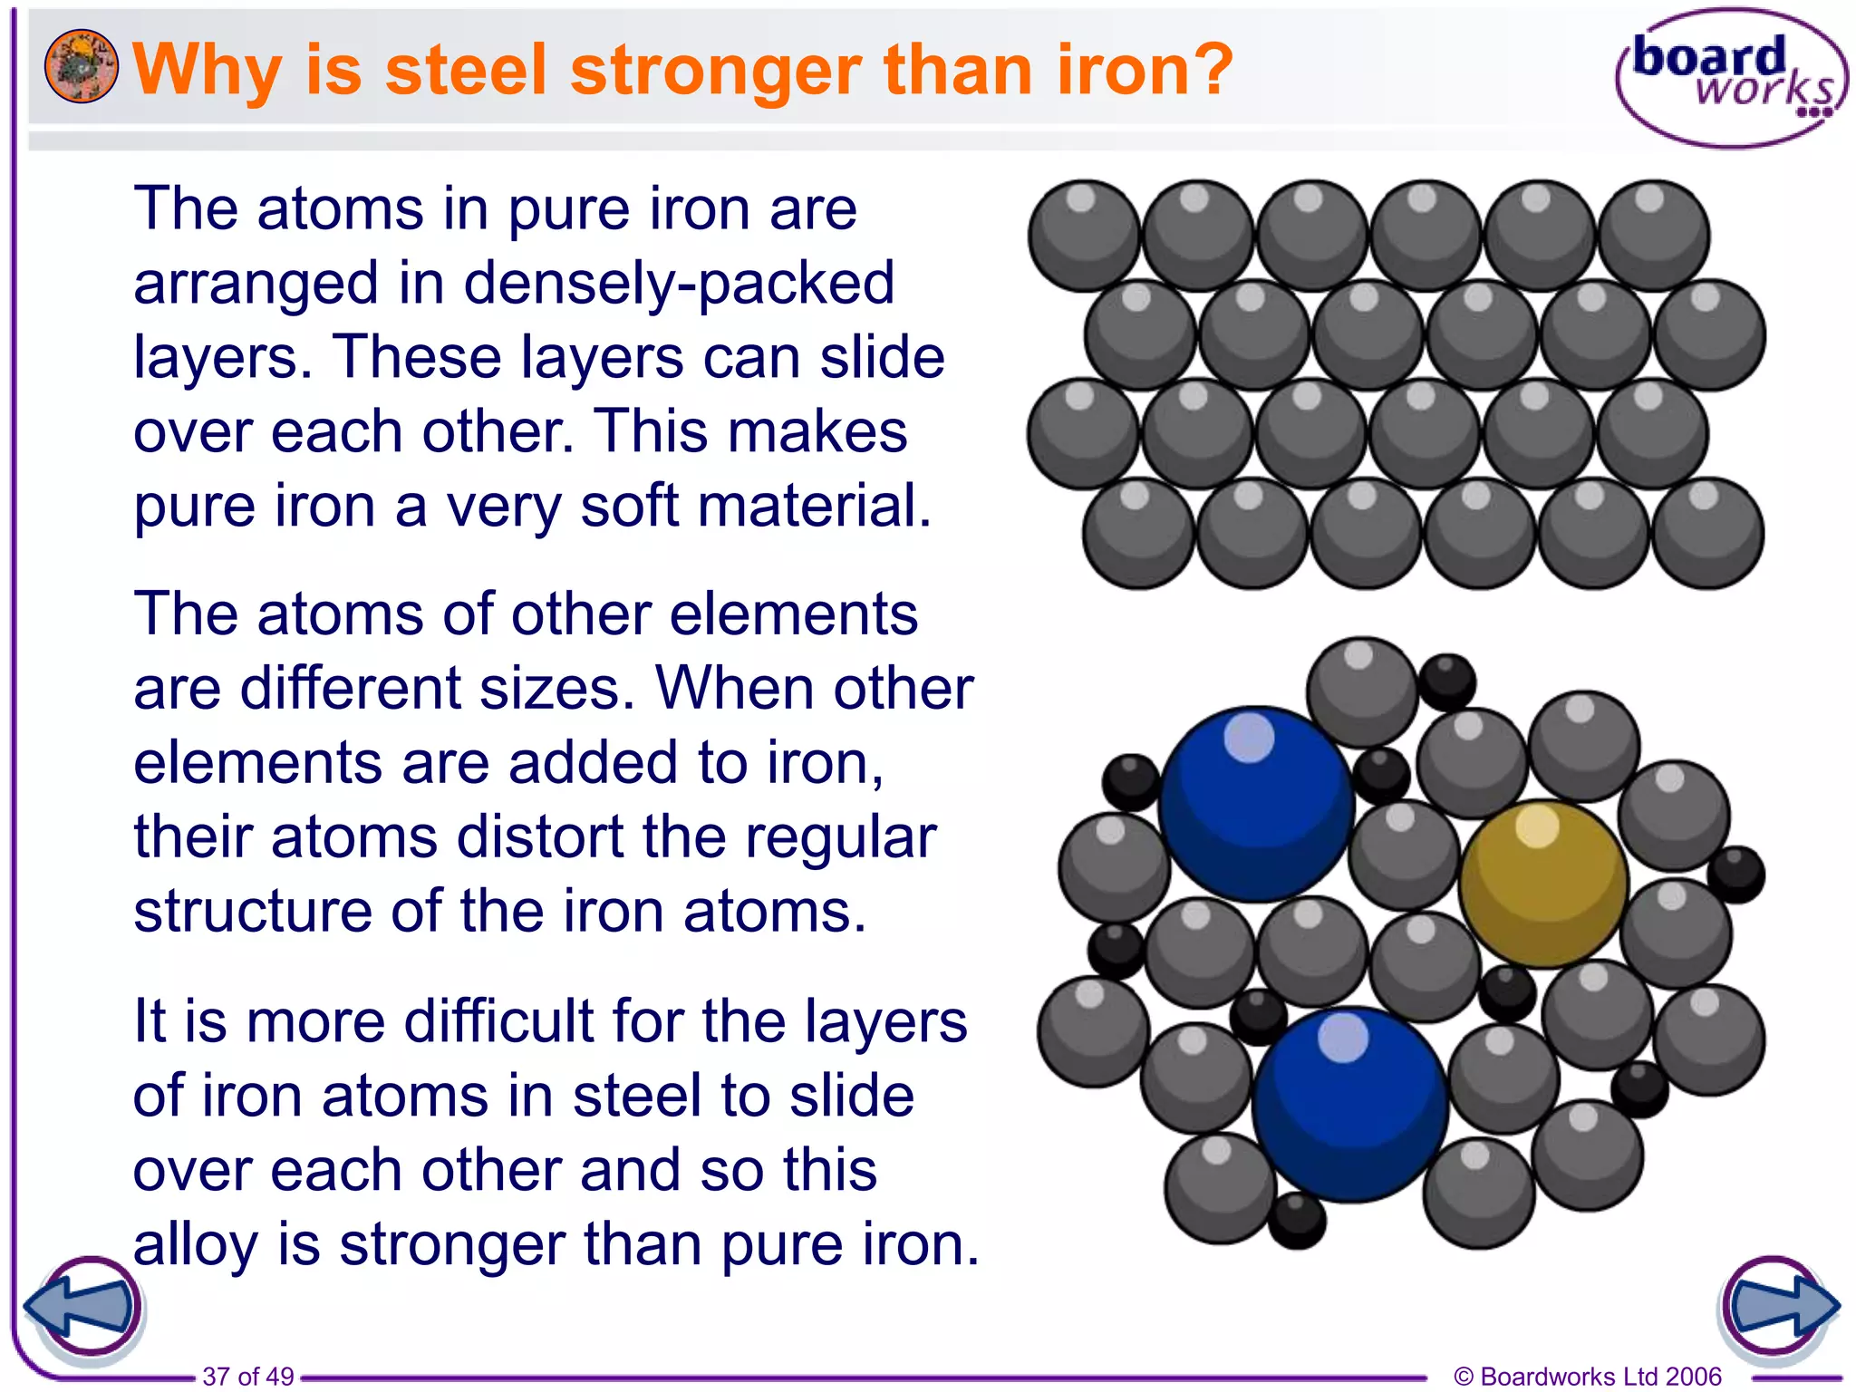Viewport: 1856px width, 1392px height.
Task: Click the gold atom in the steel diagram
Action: (x=1543, y=884)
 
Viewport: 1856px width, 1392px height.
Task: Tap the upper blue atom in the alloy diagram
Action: (x=1256, y=804)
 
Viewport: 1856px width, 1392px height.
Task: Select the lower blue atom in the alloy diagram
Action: (x=1349, y=1105)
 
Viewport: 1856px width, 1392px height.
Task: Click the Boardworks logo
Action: (x=1730, y=78)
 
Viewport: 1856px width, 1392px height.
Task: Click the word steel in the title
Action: (x=466, y=70)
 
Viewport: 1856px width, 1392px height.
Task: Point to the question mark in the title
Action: (x=1209, y=70)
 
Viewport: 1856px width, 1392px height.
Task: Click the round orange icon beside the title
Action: (x=81, y=65)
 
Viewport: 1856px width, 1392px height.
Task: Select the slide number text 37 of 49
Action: (x=248, y=1376)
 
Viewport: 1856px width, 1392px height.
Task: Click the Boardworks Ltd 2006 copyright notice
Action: (x=1588, y=1376)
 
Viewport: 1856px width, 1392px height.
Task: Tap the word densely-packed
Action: (x=679, y=284)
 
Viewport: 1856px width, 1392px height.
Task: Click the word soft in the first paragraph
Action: (x=629, y=506)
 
